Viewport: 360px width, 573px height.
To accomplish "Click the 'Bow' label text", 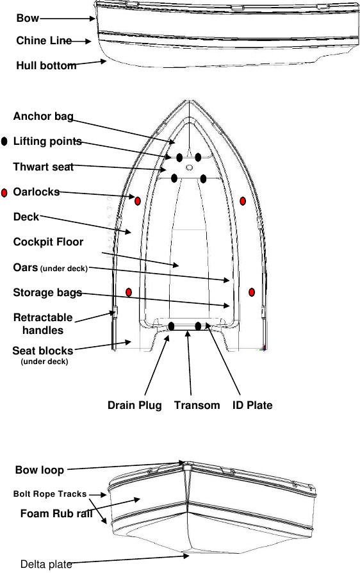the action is pos(28,18).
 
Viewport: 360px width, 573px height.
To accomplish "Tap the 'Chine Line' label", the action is pos(44,40).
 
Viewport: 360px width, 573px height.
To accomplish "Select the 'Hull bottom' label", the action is pos(46,66).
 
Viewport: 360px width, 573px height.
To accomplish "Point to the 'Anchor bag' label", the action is pos(44,116).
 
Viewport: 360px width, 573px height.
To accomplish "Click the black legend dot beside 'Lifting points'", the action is pos(4,142).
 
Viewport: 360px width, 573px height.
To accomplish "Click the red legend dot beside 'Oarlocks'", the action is pos(4,193).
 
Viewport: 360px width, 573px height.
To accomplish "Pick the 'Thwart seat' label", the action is pos(44,167).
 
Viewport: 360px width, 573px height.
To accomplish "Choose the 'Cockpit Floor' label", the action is pos(48,242).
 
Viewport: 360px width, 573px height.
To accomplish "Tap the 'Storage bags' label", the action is pos(47,293).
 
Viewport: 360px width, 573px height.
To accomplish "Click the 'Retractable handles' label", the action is pos(43,324).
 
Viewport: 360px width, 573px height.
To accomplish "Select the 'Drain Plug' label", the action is pos(135,405).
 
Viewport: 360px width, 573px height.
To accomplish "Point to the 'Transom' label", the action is pos(197,405).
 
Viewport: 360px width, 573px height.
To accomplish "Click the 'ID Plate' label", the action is pos(252,405).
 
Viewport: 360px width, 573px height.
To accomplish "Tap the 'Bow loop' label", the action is pos(40,470).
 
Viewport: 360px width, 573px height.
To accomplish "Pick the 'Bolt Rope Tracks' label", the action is pos(50,494).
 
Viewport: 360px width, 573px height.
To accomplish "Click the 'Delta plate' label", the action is pos(46,564).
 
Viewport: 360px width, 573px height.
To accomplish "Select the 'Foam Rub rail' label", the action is pos(56,514).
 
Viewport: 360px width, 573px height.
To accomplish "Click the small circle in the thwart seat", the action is pos(189,167).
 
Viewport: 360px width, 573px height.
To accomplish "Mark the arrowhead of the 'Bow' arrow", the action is pos(93,19).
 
